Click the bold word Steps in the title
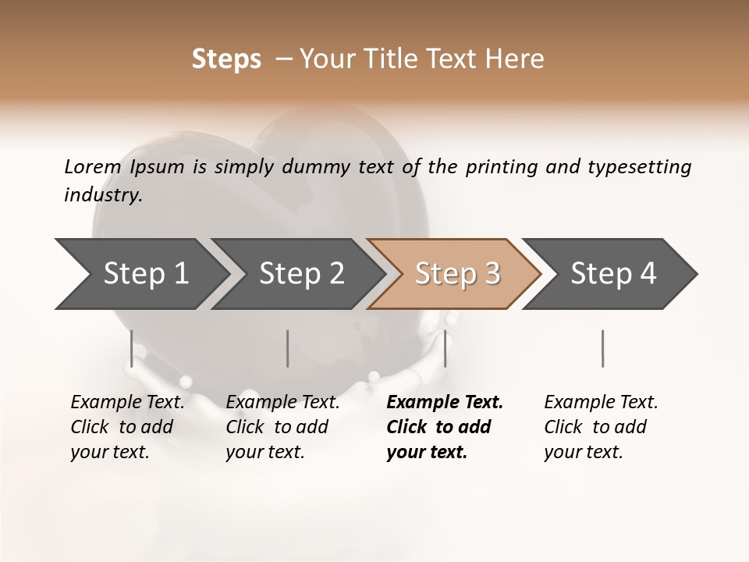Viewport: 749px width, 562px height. coord(226,59)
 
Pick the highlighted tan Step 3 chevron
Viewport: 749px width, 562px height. coord(457,274)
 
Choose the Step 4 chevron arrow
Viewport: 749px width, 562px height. coord(613,274)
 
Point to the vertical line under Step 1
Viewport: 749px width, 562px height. coord(132,348)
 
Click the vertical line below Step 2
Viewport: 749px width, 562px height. coord(288,348)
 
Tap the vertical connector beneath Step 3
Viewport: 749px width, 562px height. coord(445,348)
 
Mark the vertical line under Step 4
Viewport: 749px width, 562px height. coord(602,348)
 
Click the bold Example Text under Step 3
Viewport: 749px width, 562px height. coord(445,403)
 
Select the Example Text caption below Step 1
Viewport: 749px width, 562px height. coord(127,403)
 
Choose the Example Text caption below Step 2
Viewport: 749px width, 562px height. coord(282,403)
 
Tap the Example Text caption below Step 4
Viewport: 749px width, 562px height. coord(601,403)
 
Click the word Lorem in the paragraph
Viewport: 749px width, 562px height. coord(93,167)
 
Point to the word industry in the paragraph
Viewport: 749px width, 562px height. coord(103,195)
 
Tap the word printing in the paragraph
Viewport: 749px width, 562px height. coord(500,167)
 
